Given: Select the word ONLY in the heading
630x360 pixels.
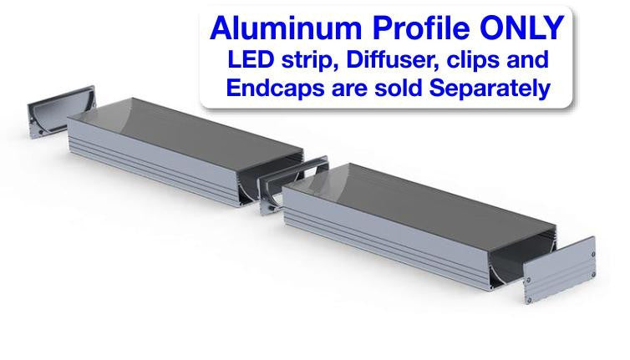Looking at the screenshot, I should pyautogui.click(x=525, y=28).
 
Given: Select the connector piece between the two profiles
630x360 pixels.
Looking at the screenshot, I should pyautogui.click(x=285, y=180).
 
